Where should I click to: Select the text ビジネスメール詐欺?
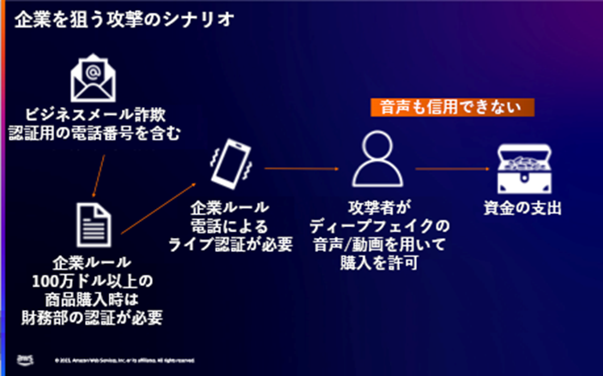point(96,114)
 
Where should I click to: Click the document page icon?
point(95,224)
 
